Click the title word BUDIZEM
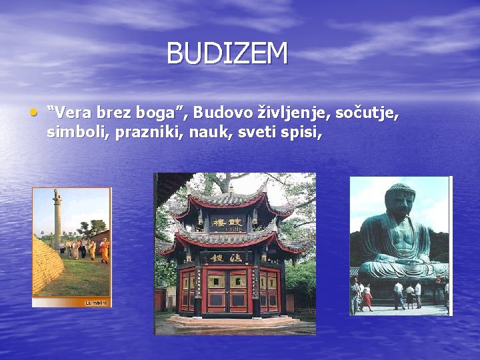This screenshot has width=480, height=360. point(227,54)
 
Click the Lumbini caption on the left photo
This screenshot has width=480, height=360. point(95,303)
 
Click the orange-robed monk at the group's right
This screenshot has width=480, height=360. point(104,250)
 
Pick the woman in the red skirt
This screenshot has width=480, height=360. point(367,297)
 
